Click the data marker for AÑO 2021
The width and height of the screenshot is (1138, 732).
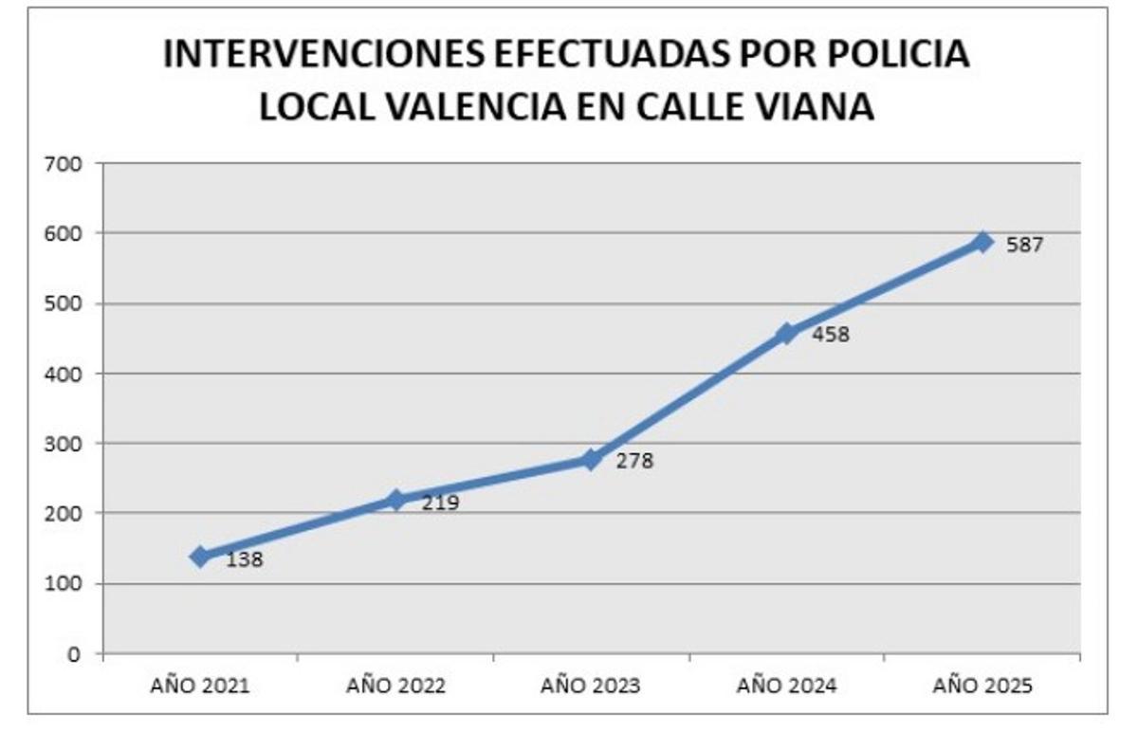click(200, 557)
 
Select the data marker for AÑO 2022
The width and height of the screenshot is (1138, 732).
click(396, 500)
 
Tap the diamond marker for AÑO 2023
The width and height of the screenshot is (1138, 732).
click(592, 459)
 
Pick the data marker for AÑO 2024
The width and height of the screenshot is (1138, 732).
click(786, 334)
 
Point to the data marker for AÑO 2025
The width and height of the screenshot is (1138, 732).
click(982, 243)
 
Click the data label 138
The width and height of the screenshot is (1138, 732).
click(245, 559)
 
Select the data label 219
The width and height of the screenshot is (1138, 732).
click(440, 503)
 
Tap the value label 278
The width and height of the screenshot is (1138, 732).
click(635, 463)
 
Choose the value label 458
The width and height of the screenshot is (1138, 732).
click(831, 335)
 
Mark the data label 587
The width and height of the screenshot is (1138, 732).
click(1025, 246)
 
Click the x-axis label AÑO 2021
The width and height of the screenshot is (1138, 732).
click(200, 686)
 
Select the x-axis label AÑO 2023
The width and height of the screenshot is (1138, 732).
click(592, 686)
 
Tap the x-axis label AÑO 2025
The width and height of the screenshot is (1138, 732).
click(982, 686)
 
